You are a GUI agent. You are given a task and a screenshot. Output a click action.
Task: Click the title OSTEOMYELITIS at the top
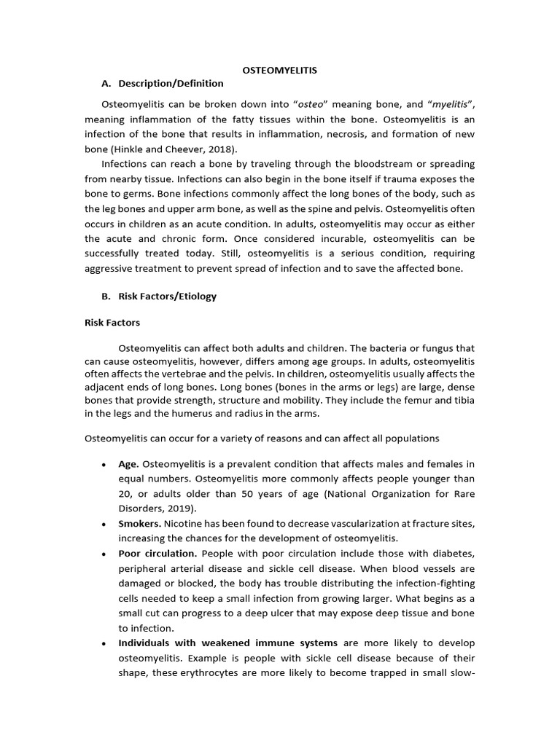pyautogui.click(x=279, y=70)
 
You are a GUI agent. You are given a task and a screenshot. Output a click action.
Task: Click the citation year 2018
pyautogui.click(x=219, y=149)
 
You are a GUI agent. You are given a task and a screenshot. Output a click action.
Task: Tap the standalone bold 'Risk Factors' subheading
pyautogui.click(x=112, y=322)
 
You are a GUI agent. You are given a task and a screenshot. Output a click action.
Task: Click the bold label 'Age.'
pyautogui.click(x=128, y=464)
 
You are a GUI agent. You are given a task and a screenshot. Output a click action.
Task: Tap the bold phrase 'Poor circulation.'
pyautogui.click(x=157, y=553)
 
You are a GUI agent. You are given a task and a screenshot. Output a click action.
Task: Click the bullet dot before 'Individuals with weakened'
pyautogui.click(x=104, y=643)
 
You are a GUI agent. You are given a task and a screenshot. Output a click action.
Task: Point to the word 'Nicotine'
pyautogui.click(x=184, y=523)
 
